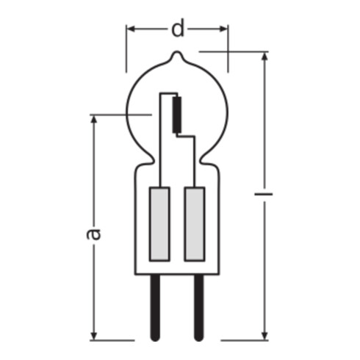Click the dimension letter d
(x=177, y=30)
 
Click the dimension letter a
(x=93, y=234)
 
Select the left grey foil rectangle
(x=159, y=224)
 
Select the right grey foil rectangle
(x=194, y=224)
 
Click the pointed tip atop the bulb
(x=176, y=54)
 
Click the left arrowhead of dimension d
(x=131, y=30)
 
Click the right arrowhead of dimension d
(x=223, y=30)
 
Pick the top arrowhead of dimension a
(x=93, y=119)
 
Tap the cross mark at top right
(x=227, y=51)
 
